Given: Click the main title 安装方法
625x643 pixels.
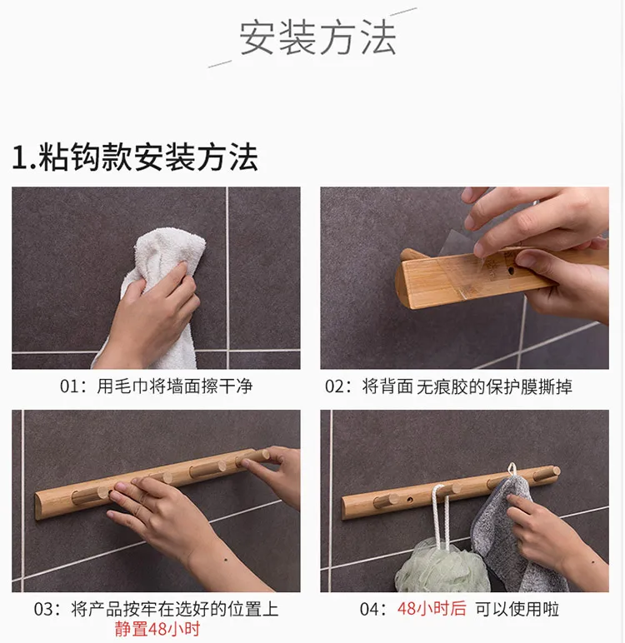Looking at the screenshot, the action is pyautogui.click(x=317, y=38).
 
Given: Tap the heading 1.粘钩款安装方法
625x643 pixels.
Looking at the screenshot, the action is pyautogui.click(x=135, y=157).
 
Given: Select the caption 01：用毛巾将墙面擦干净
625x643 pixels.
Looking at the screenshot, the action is pyautogui.click(x=156, y=386).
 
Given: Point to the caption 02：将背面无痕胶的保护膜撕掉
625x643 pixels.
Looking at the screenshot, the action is pyautogui.click(x=448, y=386).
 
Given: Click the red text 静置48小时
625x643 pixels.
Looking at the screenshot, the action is pyautogui.click(x=157, y=629).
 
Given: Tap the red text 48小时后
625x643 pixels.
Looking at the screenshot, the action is pyautogui.click(x=432, y=609).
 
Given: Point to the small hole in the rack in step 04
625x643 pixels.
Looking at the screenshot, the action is pyautogui.click(x=410, y=501).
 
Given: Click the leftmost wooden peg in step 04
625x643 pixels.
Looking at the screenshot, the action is pyautogui.click(x=386, y=501).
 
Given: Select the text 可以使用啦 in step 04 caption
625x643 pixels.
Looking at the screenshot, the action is pyautogui.click(x=517, y=609).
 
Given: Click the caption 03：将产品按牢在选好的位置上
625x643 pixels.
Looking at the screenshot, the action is pyautogui.click(x=156, y=609).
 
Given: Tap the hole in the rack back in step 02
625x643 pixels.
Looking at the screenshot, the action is pyautogui.click(x=511, y=271).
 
